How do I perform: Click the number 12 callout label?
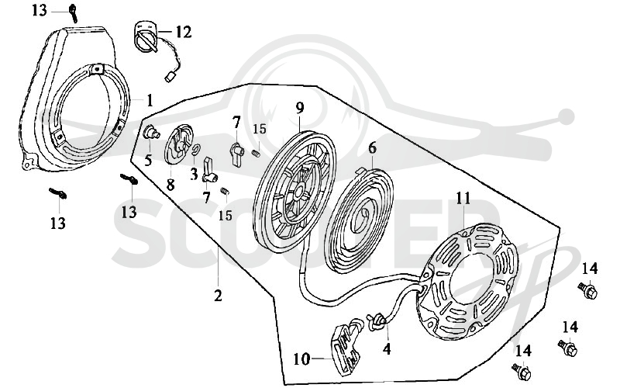[x=183, y=32]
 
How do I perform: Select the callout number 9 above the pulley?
[x=299, y=107]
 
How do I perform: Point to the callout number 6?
[x=372, y=148]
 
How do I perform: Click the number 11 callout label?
[x=463, y=198]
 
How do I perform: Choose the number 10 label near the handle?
[x=302, y=359]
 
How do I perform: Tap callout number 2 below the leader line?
[x=218, y=296]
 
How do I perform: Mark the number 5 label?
[x=148, y=161]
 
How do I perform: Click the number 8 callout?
[x=170, y=185]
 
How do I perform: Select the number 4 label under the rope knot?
[x=387, y=348]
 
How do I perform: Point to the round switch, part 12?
[x=146, y=36]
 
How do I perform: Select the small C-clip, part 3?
[x=196, y=150]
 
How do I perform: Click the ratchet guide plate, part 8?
[x=179, y=144]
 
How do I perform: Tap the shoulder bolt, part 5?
[x=150, y=132]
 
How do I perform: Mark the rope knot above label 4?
[x=376, y=321]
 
